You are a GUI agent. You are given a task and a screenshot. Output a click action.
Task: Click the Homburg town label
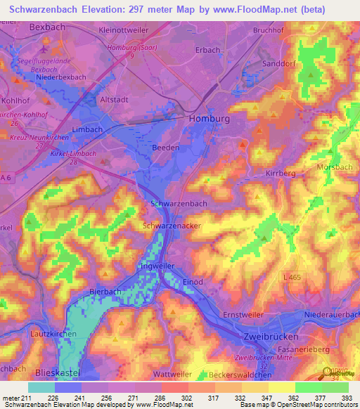pos(210,119)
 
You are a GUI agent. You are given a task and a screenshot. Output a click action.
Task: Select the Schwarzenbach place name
pos(179,203)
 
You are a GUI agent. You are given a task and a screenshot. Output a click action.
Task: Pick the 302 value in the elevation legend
pos(173,398)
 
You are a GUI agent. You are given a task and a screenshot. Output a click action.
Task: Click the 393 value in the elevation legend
pos(346,398)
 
